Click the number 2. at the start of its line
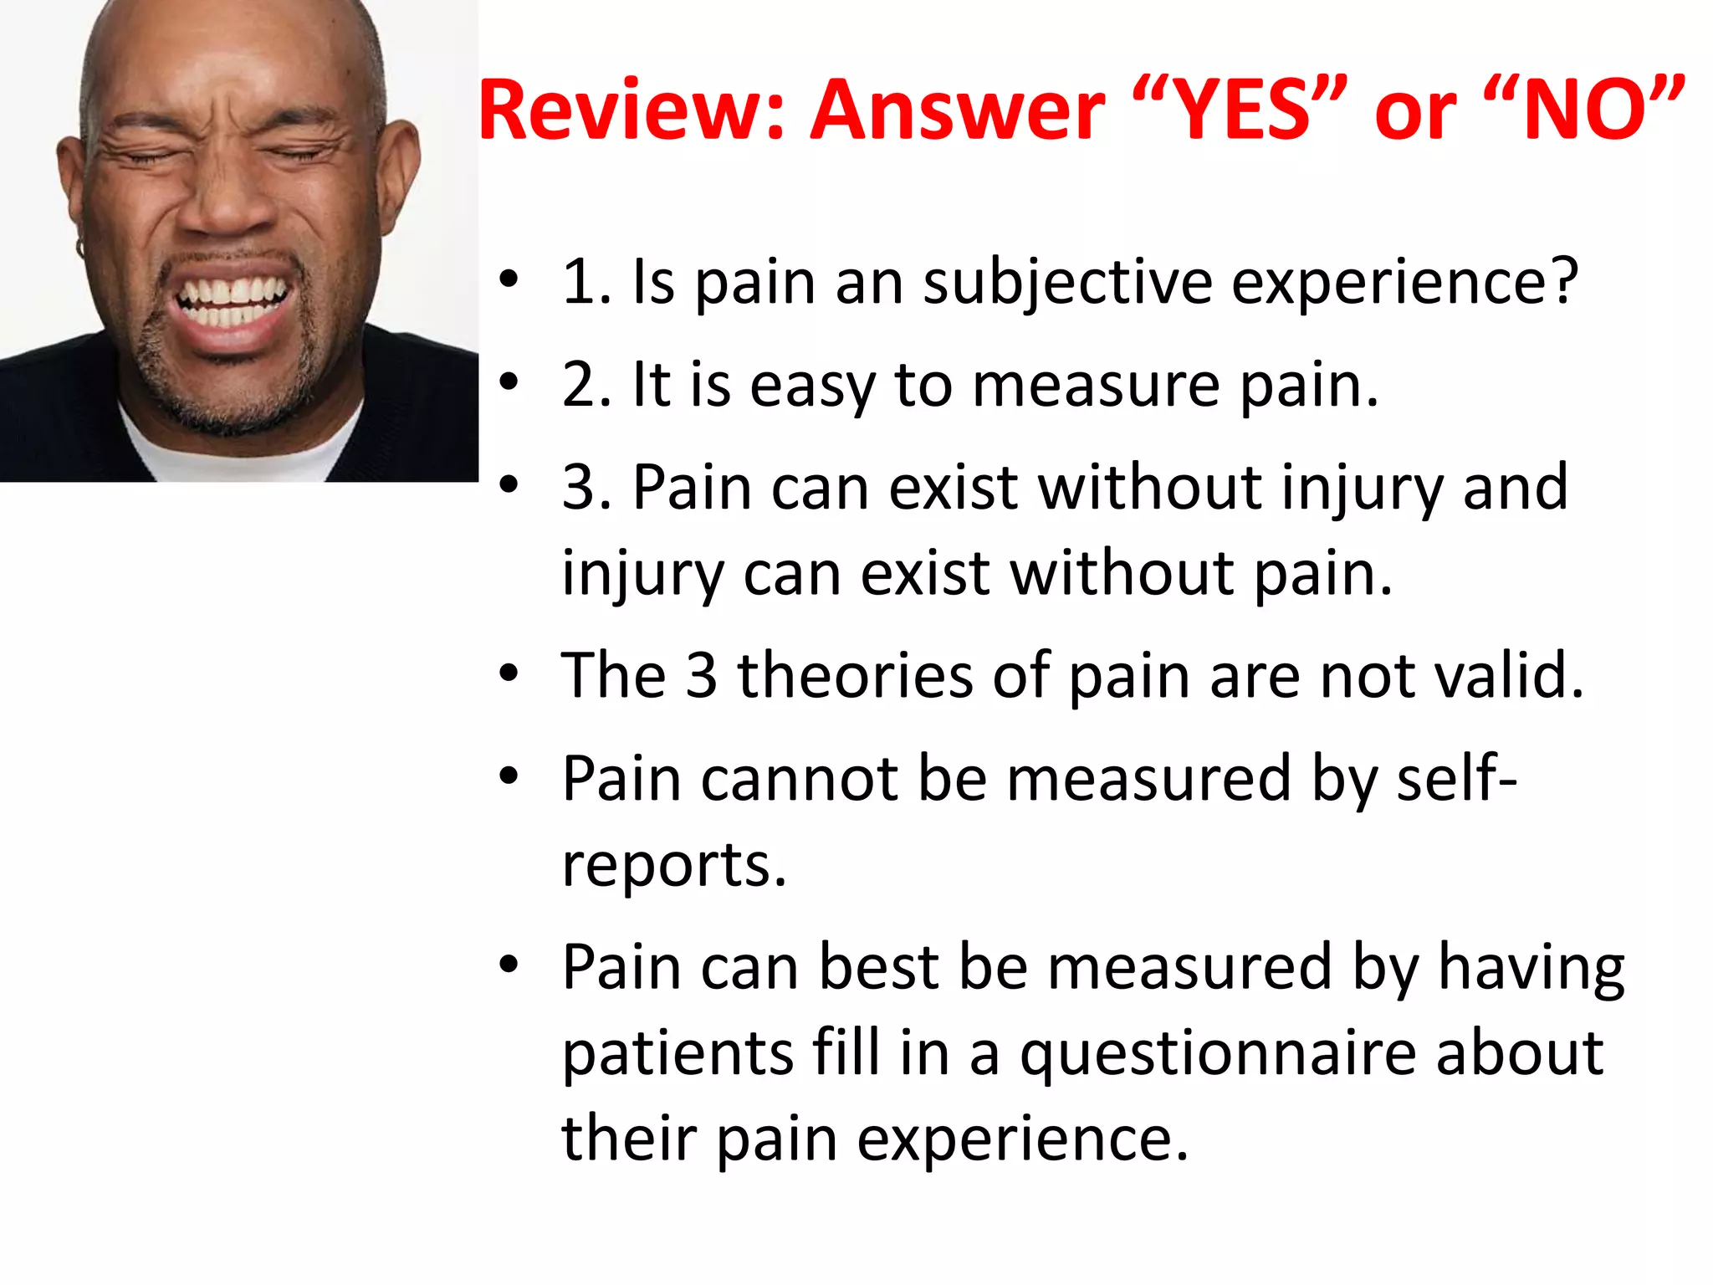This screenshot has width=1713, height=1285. pos(585,386)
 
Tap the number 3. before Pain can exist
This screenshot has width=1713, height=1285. pos(585,488)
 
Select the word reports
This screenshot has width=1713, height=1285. pos(674,867)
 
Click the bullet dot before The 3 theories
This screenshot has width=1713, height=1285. pos(509,674)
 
